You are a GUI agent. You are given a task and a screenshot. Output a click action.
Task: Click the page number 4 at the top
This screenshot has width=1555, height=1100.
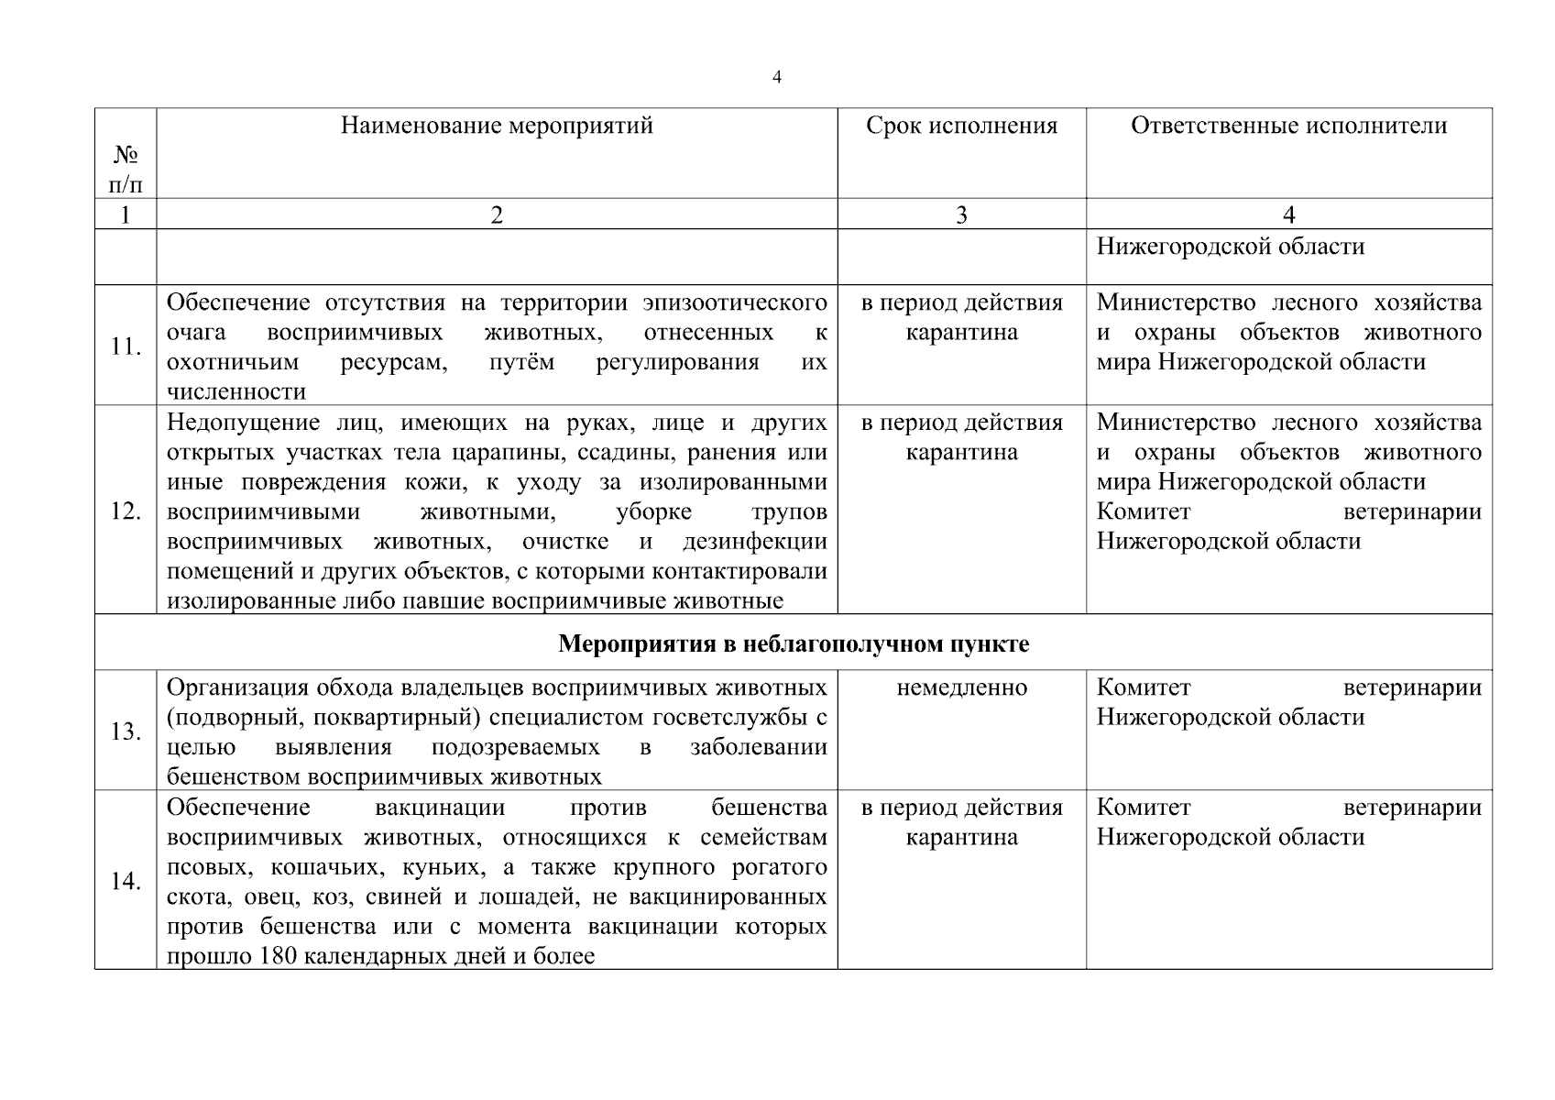point(777,78)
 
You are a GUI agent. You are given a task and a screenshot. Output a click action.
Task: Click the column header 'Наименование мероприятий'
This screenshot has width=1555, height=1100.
point(497,126)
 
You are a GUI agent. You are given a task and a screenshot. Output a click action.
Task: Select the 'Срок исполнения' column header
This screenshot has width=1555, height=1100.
point(961,126)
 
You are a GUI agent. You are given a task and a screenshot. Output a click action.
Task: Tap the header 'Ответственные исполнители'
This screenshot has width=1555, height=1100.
point(1288,126)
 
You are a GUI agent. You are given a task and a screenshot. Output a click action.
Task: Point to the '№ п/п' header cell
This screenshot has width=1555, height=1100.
point(126,170)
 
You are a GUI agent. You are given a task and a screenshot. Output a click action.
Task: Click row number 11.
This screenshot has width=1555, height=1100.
point(126,346)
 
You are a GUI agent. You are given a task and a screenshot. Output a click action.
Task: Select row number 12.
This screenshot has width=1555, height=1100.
point(126,511)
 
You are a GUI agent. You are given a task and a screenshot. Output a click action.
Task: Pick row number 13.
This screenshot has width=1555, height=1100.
point(126,731)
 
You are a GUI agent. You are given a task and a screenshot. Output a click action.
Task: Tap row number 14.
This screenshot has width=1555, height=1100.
point(126,881)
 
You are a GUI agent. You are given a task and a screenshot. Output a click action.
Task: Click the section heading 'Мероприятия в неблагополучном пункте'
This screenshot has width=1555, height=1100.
point(794,644)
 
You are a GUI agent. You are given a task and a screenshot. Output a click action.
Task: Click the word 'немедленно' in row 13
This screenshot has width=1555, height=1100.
point(961,687)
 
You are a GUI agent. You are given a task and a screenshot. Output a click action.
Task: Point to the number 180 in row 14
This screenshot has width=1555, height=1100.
point(278,956)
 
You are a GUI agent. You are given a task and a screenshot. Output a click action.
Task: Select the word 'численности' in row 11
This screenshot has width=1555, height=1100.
point(236,391)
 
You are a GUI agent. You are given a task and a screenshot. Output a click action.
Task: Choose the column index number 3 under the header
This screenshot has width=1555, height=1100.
point(961,214)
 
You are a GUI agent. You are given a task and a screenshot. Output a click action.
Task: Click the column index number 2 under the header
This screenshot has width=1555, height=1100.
point(497,214)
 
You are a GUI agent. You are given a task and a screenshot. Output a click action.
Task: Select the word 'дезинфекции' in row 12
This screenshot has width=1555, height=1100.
point(754,541)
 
